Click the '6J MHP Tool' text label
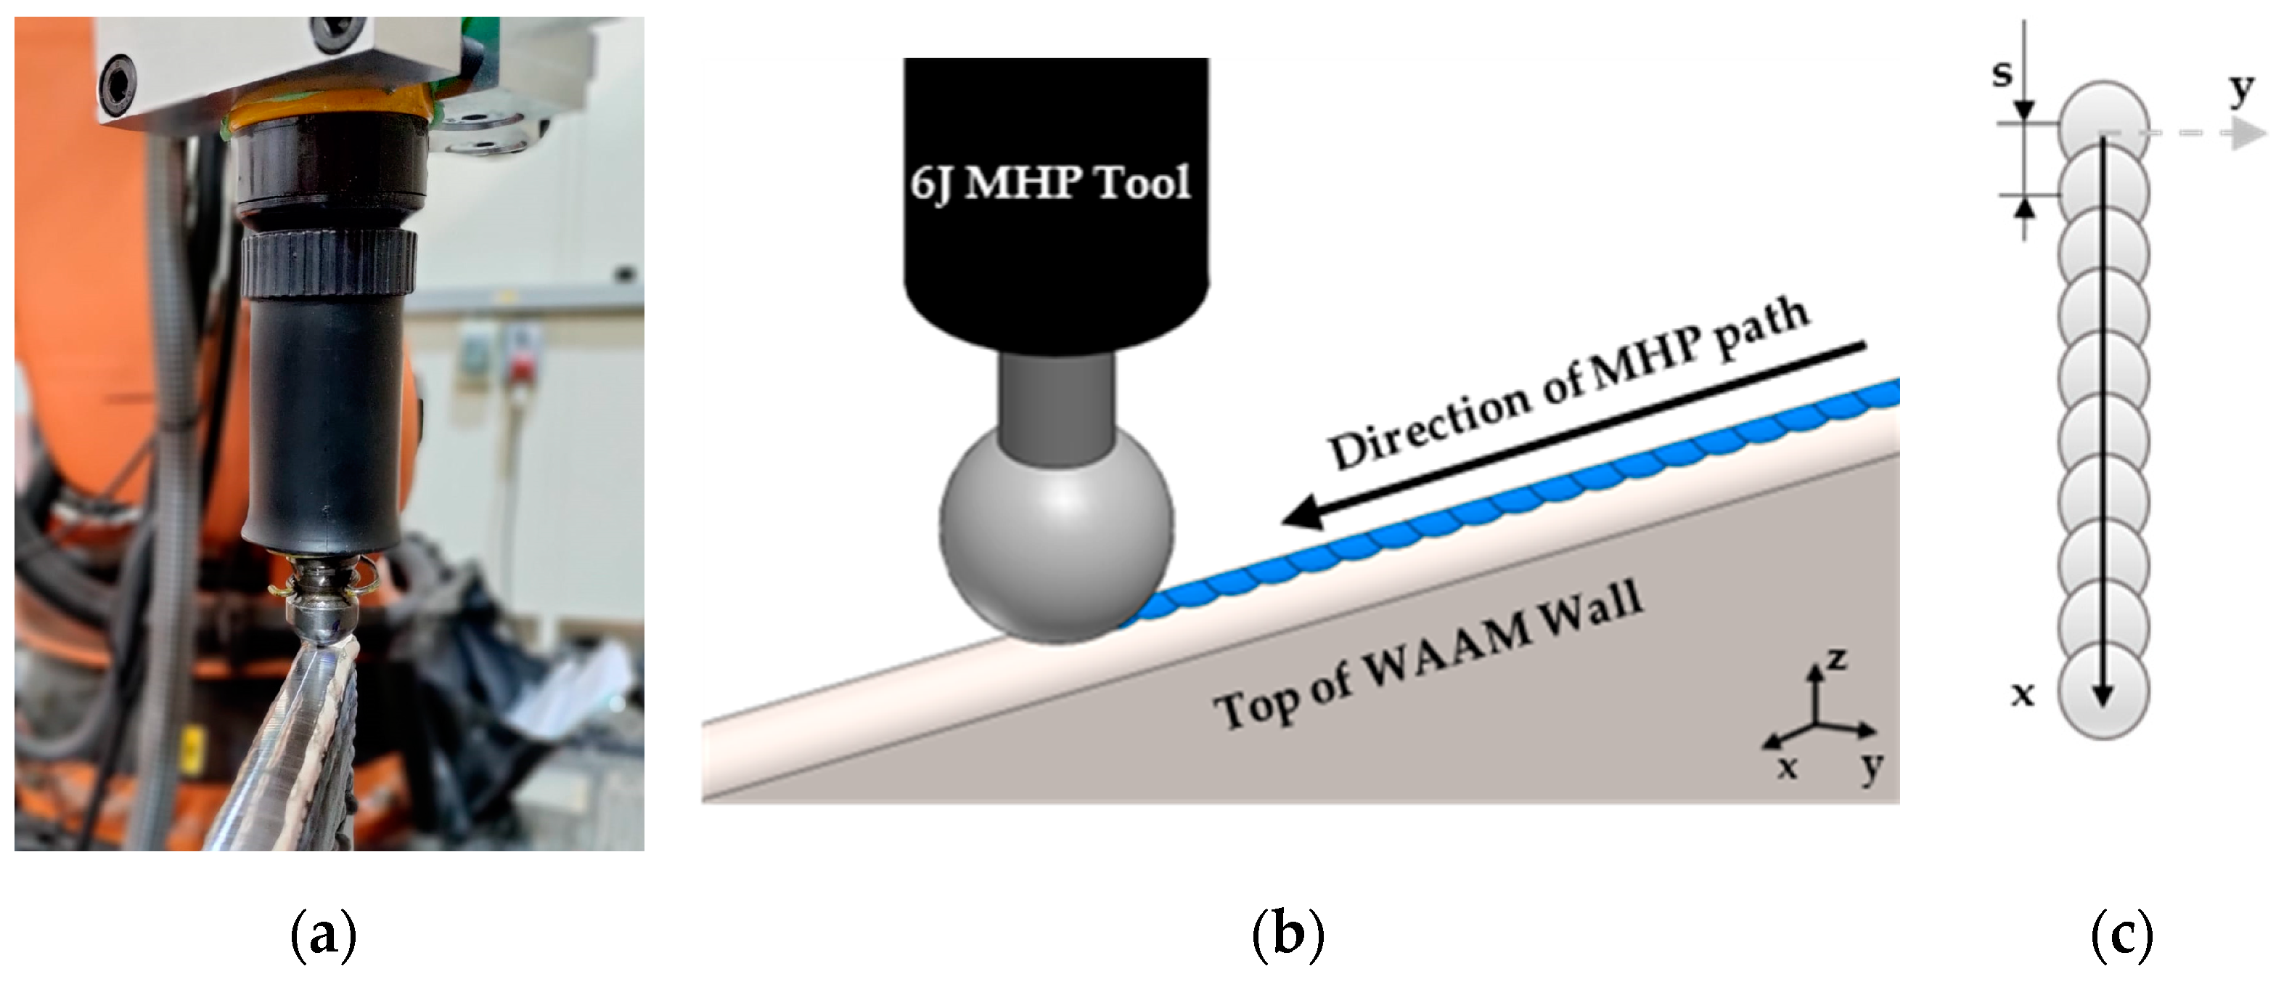click(1052, 183)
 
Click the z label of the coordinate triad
click(1837, 659)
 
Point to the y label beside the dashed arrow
click(2240, 89)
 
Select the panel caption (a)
click(324, 936)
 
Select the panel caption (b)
click(1288, 936)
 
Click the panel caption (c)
click(2122, 936)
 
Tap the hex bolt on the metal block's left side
click(118, 84)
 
